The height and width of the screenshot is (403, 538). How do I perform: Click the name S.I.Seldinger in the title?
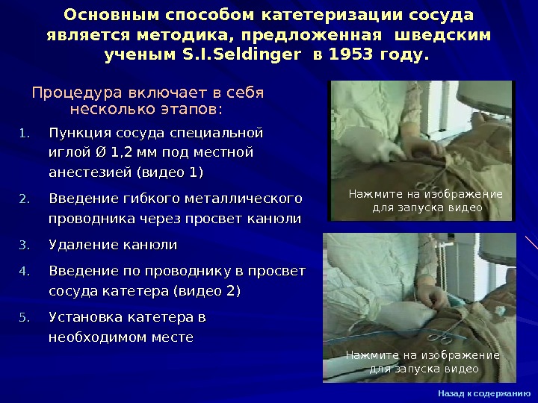pos(238,56)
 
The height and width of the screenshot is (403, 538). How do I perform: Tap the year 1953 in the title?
pos(350,56)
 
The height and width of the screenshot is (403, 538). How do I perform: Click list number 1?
pos(23,135)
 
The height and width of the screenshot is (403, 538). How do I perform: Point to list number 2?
pos(23,200)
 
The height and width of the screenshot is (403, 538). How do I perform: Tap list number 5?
pos(23,318)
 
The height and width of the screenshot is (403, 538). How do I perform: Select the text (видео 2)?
pos(206,290)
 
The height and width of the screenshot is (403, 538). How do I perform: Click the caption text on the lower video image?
pos(423,362)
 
